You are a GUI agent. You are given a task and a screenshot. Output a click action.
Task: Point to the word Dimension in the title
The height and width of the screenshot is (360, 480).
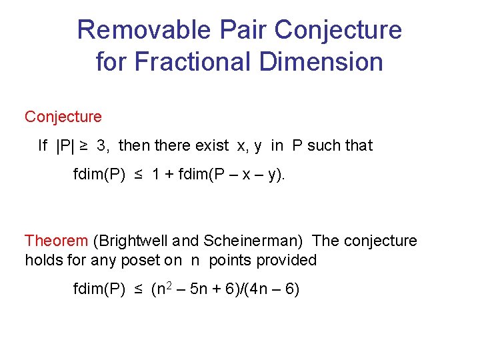click(x=322, y=62)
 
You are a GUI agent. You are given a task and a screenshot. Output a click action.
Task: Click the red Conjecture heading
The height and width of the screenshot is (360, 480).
click(x=63, y=117)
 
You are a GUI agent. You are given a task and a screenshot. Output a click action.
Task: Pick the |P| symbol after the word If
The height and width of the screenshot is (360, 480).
click(x=66, y=145)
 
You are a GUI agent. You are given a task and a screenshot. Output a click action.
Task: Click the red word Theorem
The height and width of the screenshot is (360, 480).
click(x=56, y=241)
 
